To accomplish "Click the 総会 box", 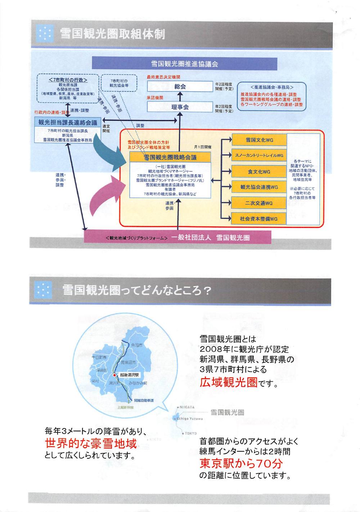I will click(180, 87).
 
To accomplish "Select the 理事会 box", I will click(180, 107).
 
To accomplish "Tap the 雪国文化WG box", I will click(259, 140).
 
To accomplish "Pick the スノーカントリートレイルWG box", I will click(259, 156).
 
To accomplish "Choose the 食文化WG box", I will click(259, 172).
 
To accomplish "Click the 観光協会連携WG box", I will click(259, 187).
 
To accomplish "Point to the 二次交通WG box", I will click(259, 203).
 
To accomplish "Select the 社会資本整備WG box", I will click(259, 219).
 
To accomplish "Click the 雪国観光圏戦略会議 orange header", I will click(170, 157).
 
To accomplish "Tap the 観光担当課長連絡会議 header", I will click(68, 122).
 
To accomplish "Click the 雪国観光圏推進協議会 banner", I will click(184, 64).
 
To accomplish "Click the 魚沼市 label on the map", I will click(137, 345).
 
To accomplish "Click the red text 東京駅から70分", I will click(241, 463).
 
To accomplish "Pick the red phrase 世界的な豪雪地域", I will click(91, 444).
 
